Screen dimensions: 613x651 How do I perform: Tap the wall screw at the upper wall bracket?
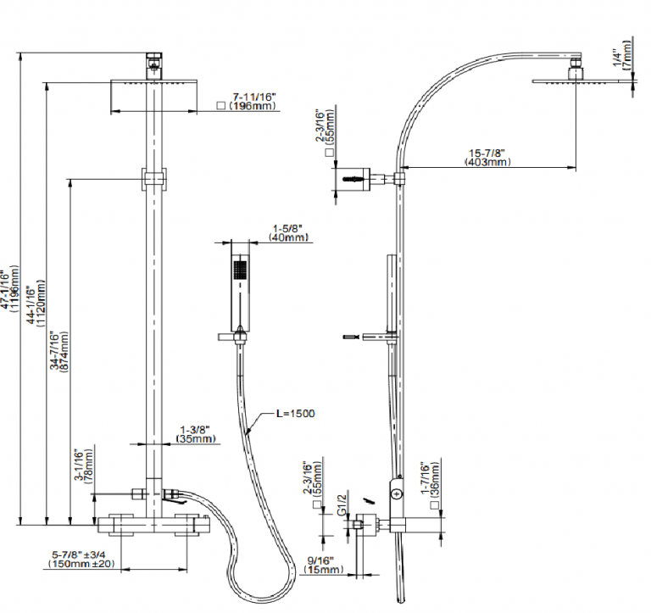coord(352,179)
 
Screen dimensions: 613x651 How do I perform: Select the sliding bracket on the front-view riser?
coord(153,179)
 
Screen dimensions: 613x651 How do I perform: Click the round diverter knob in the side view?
coord(396,491)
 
